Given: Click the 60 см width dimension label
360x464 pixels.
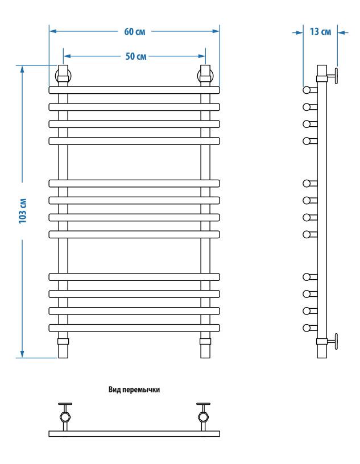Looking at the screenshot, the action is pyautogui.click(x=135, y=31).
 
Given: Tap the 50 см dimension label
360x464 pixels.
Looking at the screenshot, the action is pyautogui.click(x=136, y=56).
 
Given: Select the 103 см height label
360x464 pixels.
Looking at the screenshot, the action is pyautogui.click(x=23, y=211).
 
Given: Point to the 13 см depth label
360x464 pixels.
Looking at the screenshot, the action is pyautogui.click(x=320, y=32).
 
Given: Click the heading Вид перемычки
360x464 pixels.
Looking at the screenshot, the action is pyautogui.click(x=134, y=390).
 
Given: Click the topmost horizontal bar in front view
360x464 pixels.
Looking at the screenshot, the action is pyautogui.click(x=134, y=90).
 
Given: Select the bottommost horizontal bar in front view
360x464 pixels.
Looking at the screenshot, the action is pyautogui.click(x=134, y=328).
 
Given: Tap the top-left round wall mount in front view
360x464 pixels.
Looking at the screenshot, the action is pyautogui.click(x=63, y=76).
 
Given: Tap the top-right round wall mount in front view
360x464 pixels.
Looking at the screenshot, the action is pyautogui.click(x=205, y=76).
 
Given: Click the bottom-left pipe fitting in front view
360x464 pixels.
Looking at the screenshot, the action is pyautogui.click(x=63, y=342).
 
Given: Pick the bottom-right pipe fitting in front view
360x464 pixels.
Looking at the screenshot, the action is pyautogui.click(x=205, y=342).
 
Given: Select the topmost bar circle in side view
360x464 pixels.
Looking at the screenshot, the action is pyautogui.click(x=307, y=90).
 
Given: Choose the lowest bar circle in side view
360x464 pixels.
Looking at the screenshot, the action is pyautogui.click(x=307, y=328).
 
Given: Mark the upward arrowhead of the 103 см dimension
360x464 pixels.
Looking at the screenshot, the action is pyautogui.click(x=22, y=69).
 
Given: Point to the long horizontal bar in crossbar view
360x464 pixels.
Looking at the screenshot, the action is pyautogui.click(x=134, y=434).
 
